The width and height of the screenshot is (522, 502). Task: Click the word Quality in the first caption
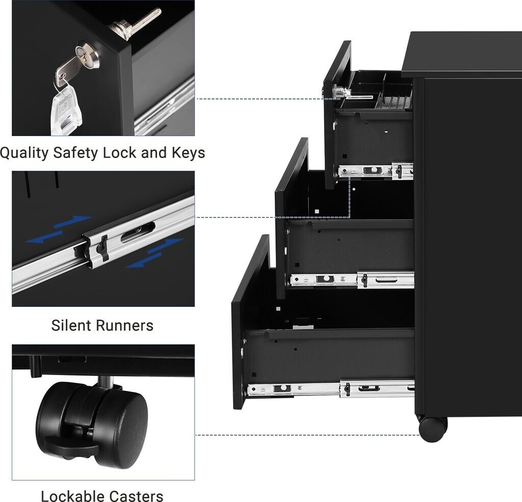click(24, 153)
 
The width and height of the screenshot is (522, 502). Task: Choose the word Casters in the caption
click(138, 496)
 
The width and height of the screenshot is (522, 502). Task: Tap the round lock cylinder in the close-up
click(87, 55)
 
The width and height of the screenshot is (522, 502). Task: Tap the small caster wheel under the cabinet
click(432, 429)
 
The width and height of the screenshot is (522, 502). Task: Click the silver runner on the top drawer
click(375, 171)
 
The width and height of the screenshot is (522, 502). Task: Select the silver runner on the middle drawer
click(352, 279)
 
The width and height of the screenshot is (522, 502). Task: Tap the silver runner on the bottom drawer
click(331, 389)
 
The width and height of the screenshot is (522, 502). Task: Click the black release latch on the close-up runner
click(102, 248)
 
